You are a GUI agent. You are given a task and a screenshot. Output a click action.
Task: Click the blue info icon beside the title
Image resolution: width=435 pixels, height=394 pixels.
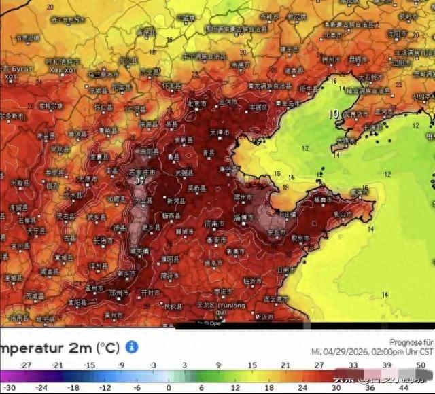coord(132,347)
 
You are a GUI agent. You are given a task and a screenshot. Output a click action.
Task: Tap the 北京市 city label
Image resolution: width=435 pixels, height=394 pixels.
coord(197,103)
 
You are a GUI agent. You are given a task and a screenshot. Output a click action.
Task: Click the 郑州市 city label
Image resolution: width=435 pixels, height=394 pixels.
coord(119,292)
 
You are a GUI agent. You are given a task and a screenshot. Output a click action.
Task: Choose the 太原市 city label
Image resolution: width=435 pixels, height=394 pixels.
coord(86,179)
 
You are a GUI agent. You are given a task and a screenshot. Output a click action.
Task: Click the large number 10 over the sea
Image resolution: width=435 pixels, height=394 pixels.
coord(335,113)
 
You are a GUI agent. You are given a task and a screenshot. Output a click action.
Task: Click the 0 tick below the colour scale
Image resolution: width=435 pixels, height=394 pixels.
coord(168,387)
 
